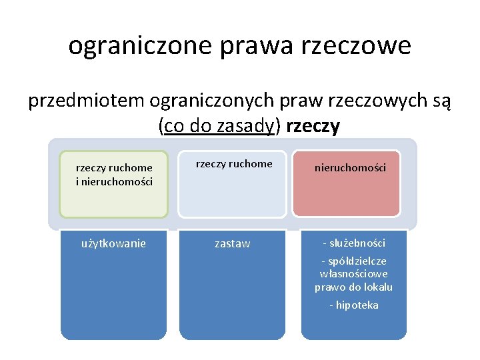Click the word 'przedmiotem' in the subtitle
point(86,101)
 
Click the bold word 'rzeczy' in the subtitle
point(313,125)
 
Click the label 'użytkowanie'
point(113,243)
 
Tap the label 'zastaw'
point(233,244)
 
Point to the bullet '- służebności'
point(354,243)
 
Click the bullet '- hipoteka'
point(354,305)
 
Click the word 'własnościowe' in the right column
point(354,274)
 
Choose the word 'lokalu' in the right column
point(378,287)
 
